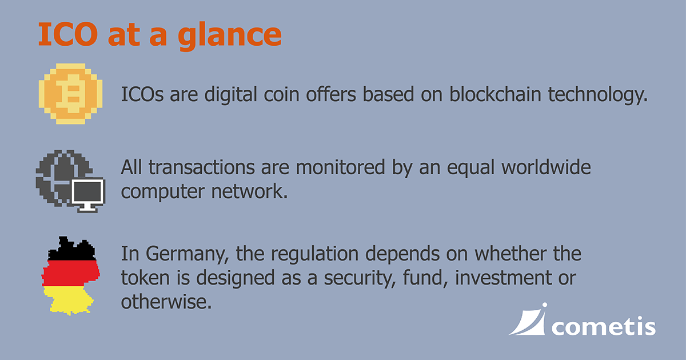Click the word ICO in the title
[x=68, y=34]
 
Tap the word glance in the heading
[x=230, y=36]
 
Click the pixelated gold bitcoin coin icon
[x=70, y=94]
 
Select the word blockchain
[x=495, y=94]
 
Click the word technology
[x=597, y=95]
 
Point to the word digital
[x=230, y=95]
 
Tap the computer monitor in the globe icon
[x=88, y=195]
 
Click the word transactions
[x=202, y=168]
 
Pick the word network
[x=250, y=191]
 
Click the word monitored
[x=340, y=167]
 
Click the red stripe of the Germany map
[x=71, y=273]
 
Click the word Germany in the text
[x=188, y=255]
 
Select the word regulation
[x=314, y=255]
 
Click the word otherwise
[x=166, y=302]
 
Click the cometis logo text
[x=603, y=327]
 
